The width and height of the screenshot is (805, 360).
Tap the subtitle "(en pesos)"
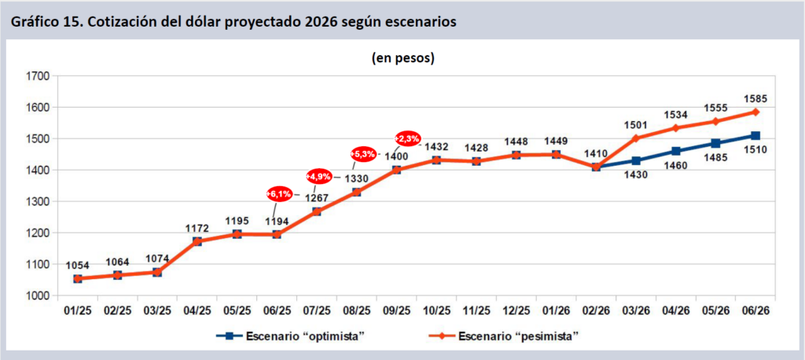pos(402,58)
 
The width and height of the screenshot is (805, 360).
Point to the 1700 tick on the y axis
pos(38,76)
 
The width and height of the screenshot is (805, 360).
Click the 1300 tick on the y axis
pos(38,202)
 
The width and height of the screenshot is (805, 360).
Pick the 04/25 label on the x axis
pos(197,311)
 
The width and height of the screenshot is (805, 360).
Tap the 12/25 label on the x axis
pos(516,311)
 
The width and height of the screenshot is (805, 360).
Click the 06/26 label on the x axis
pos(755,311)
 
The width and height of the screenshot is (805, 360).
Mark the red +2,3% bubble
pos(408,139)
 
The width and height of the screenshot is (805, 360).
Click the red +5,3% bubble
pos(364,153)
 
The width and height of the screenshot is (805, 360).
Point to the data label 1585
pos(755,99)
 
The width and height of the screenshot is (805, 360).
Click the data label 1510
pos(755,149)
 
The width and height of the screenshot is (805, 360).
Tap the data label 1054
pos(78,265)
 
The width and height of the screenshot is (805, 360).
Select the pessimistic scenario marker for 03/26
pos(636,138)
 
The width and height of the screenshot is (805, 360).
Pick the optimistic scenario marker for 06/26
pos(755,136)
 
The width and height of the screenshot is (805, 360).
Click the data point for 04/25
pos(197,241)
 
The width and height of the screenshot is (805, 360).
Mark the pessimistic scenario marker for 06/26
pos(755,112)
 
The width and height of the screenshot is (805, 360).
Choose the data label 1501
pos(635,124)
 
